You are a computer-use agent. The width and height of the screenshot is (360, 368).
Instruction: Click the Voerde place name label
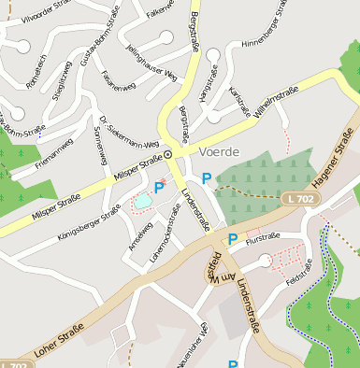[x=220, y=151]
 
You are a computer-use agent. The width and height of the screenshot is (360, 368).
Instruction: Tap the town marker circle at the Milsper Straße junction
[x=168, y=154]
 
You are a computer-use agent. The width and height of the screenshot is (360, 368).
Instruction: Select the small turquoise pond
[x=143, y=199]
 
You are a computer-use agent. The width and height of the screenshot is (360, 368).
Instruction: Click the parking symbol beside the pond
[x=159, y=188]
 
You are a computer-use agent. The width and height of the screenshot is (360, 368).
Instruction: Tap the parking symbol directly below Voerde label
[x=206, y=177]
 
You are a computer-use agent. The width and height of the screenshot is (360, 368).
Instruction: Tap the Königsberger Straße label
[x=89, y=223]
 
